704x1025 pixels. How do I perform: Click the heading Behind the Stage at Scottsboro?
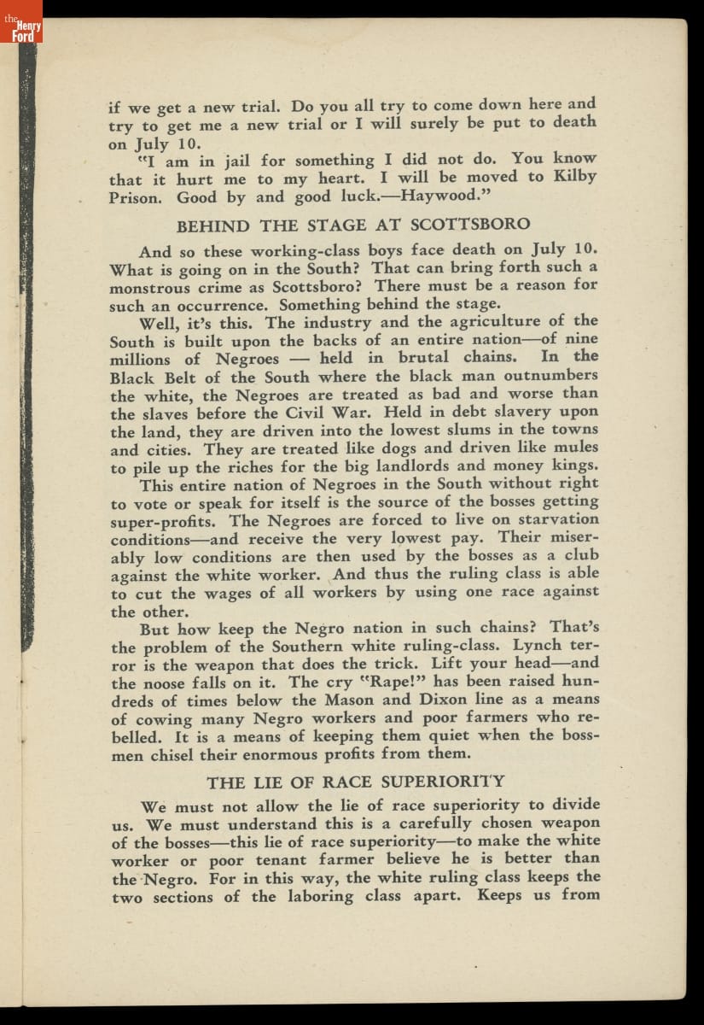pyautogui.click(x=352, y=225)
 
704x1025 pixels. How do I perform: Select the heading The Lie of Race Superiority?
pyautogui.click(x=356, y=782)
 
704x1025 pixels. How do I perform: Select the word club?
pyautogui.click(x=582, y=556)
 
